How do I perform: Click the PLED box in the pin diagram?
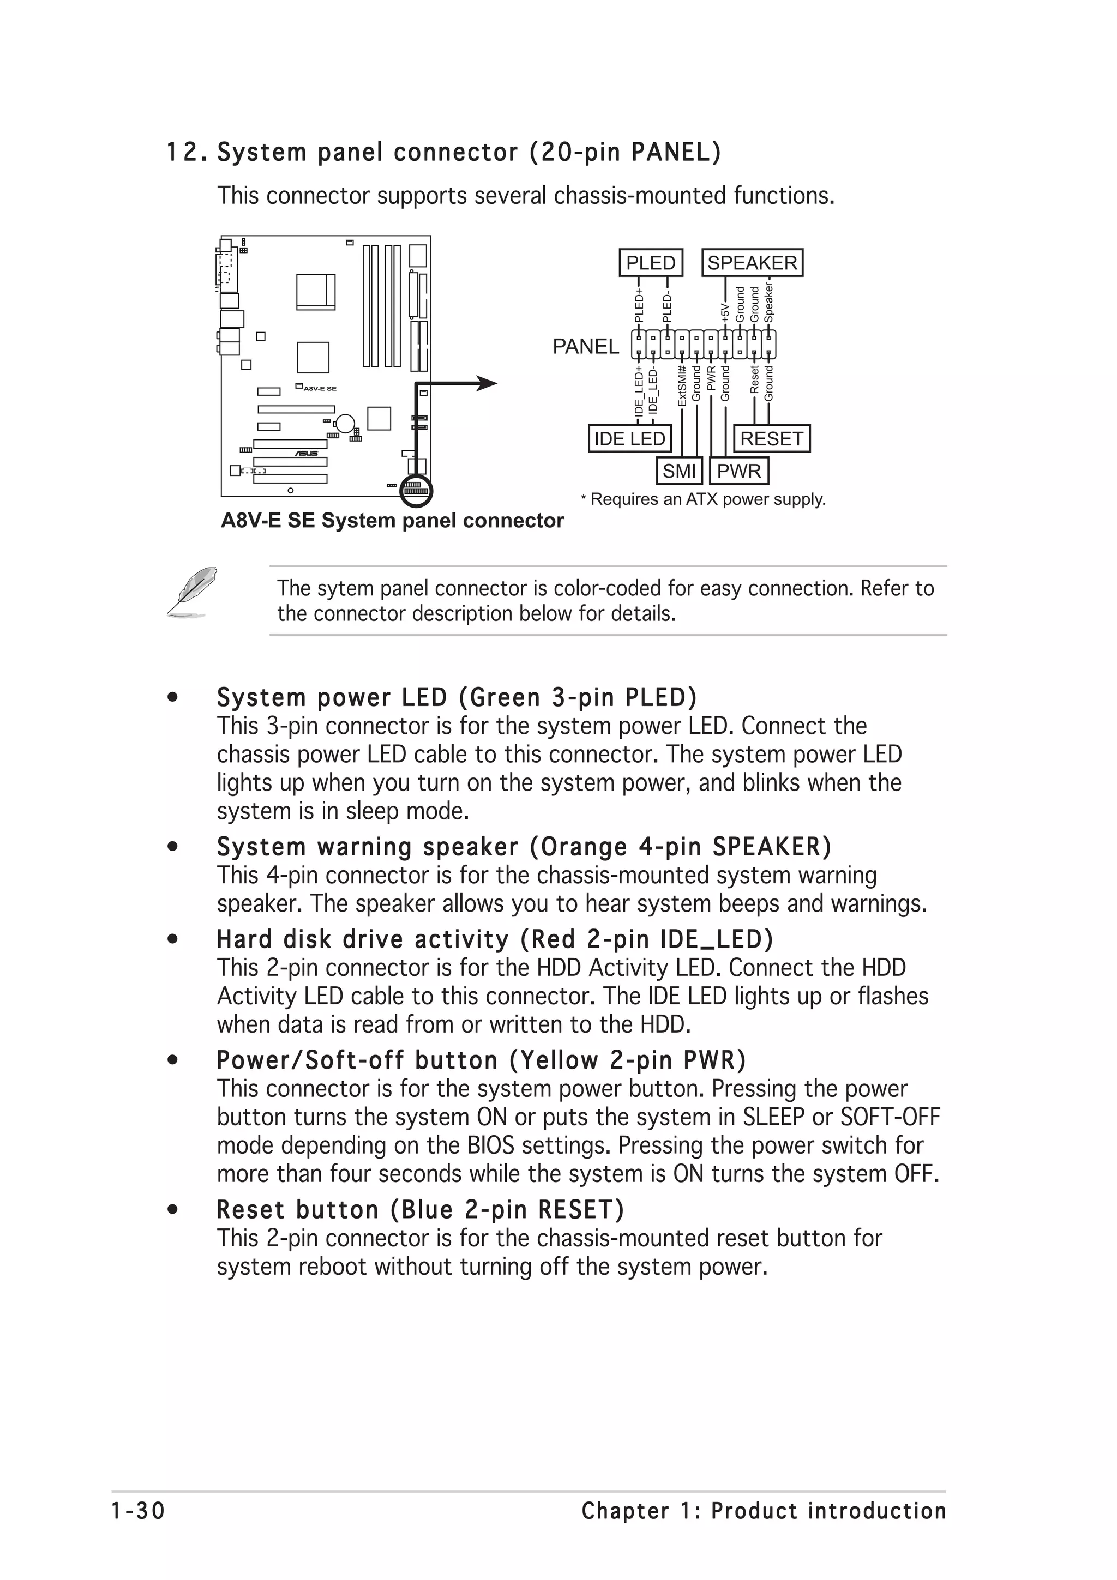650,263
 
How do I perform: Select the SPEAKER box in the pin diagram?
752,263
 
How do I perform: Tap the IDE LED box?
629,438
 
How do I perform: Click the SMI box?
678,472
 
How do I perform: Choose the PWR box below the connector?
738,472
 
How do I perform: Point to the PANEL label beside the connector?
586,347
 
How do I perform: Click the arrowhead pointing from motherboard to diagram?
487,383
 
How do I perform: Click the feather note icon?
192,591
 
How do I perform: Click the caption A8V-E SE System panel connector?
392,521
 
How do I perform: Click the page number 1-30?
139,1511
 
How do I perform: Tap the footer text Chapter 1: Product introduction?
763,1511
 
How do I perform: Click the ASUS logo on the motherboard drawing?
307,453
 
